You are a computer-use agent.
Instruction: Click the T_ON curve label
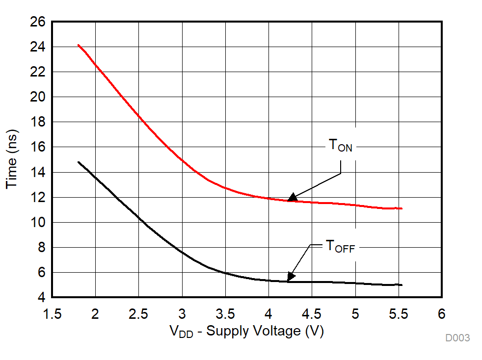(340, 145)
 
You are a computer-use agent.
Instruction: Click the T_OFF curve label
(340, 247)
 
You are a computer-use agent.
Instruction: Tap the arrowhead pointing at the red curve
(292, 197)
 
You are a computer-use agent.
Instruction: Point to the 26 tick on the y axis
(38, 22)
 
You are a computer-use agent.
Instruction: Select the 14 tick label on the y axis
(38, 173)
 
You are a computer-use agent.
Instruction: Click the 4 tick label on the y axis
(41, 298)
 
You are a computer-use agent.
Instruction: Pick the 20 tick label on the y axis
(38, 97)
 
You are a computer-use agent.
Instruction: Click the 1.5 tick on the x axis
(52, 313)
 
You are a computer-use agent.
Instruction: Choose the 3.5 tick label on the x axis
(225, 313)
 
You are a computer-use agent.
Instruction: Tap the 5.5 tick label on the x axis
(399, 313)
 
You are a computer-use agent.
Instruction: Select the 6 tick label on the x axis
(442, 313)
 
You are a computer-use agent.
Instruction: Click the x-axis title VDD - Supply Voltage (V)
(247, 332)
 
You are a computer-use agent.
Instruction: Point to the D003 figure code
(457, 338)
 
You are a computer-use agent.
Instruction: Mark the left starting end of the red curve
(79, 45)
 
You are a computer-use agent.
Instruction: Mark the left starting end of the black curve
(79, 162)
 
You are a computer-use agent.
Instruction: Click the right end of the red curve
(402, 208)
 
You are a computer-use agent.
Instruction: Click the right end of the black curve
(402, 285)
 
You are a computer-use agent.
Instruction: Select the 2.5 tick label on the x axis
(138, 313)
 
